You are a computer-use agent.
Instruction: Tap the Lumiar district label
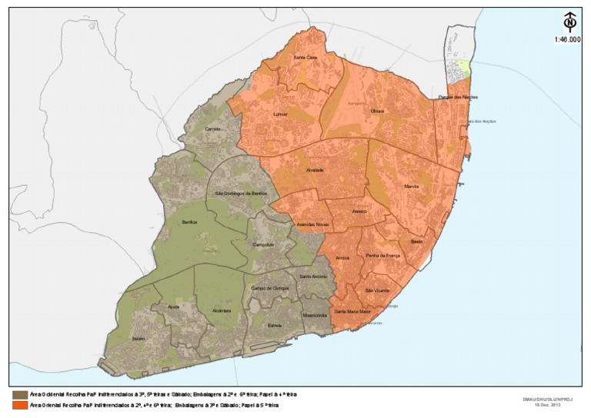[x=281, y=114]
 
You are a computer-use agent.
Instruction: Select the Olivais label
[x=377, y=111]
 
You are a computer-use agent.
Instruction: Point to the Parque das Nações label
[x=453, y=98]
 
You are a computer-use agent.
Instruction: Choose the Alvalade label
[x=315, y=170]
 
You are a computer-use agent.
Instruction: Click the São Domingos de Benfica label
[x=241, y=194]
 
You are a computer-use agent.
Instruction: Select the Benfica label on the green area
[x=179, y=221]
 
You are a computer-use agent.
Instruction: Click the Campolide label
[x=264, y=245]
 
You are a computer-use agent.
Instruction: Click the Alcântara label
[x=222, y=310]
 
